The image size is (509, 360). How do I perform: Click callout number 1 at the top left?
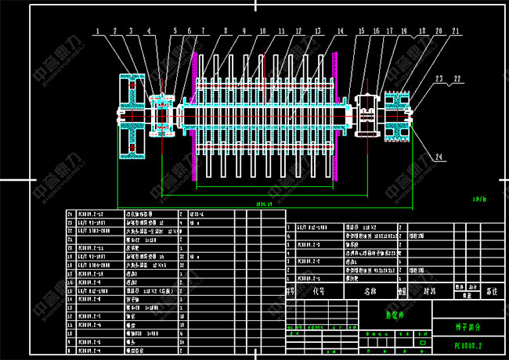click(98, 31)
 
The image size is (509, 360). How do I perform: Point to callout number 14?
click(341, 31)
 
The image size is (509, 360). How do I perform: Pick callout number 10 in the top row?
click(262, 31)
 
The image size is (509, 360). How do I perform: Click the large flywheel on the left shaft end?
click(132, 117)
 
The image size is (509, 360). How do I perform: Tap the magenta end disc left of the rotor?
click(193, 117)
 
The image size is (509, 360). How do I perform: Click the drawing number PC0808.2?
click(468, 344)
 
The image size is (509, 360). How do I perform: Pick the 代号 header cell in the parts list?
click(317, 290)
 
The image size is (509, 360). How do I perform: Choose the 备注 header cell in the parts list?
click(492, 290)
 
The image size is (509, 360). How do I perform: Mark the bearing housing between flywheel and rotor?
click(162, 116)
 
